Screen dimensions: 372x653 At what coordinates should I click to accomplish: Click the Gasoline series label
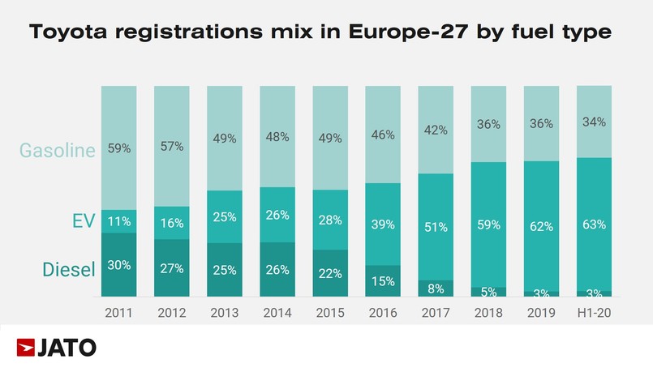click(58, 150)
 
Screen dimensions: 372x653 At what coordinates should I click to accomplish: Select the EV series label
click(84, 221)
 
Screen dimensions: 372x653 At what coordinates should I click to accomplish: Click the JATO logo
click(57, 348)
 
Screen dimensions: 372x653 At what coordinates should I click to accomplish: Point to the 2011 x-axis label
click(119, 313)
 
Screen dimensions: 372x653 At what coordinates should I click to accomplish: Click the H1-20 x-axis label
click(594, 313)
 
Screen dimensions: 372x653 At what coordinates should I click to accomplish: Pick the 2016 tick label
click(383, 313)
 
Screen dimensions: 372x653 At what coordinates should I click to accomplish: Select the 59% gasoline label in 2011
click(119, 149)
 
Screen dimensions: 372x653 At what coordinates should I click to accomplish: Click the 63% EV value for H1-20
click(594, 224)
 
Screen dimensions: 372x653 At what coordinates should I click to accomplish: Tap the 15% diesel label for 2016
click(383, 281)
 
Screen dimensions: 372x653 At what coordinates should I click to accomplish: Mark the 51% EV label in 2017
click(436, 227)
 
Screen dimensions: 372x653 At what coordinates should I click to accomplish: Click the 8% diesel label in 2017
click(436, 288)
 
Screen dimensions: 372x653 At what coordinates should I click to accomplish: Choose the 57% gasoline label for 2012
click(172, 147)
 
